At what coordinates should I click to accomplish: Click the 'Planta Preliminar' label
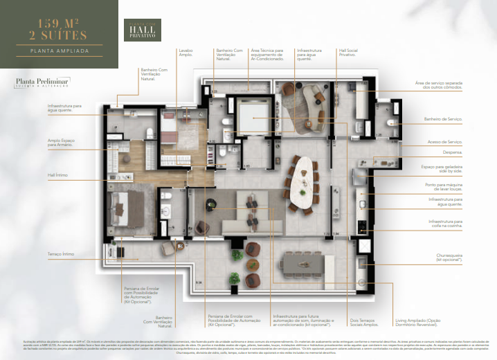point(36,82)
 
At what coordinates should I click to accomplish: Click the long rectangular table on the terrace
point(307,262)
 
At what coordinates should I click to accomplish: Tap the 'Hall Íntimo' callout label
point(57,175)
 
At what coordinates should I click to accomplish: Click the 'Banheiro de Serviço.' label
point(442,120)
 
